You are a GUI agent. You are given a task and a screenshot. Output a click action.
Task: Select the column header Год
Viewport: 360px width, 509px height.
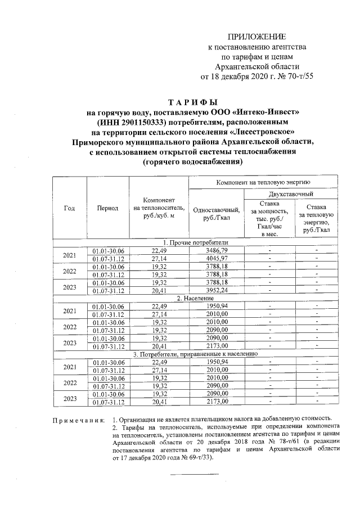[69, 208]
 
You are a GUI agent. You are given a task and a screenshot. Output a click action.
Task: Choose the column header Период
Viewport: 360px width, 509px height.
[107, 208]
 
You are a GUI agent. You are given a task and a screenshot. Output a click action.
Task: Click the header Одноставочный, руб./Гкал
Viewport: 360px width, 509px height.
[217, 214]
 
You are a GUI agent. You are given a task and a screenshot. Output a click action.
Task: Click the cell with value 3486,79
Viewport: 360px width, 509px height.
[217, 250]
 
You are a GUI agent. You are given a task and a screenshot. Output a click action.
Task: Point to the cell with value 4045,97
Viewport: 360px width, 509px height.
[217, 258]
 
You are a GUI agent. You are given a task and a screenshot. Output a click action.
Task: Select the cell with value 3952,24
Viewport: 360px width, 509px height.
[217, 290]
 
